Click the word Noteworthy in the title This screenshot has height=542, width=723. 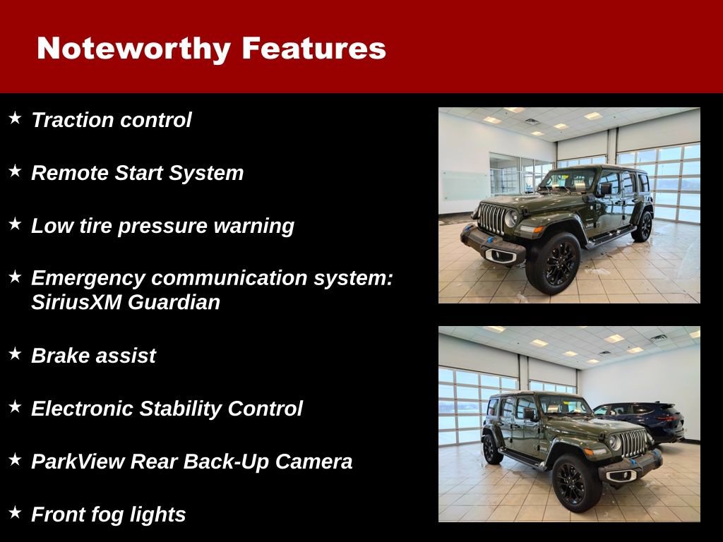pyautogui.click(x=133, y=49)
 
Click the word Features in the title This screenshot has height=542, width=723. pyautogui.click(x=313, y=49)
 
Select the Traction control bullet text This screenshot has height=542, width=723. pyautogui.click(x=111, y=120)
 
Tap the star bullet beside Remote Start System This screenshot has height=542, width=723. pyautogui.click(x=15, y=171)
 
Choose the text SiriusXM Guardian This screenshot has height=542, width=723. pyautogui.click(x=125, y=302)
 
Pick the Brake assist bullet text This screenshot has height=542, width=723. pyautogui.click(x=93, y=356)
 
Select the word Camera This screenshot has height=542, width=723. pyautogui.click(x=313, y=461)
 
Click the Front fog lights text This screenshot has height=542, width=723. pyautogui.click(x=108, y=514)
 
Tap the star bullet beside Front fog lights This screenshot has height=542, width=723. pyautogui.click(x=15, y=512)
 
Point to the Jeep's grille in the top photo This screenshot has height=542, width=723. pyautogui.click(x=491, y=218)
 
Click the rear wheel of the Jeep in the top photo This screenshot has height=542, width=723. pyautogui.click(x=643, y=227)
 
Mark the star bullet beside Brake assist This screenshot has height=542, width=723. pyautogui.click(x=15, y=353)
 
